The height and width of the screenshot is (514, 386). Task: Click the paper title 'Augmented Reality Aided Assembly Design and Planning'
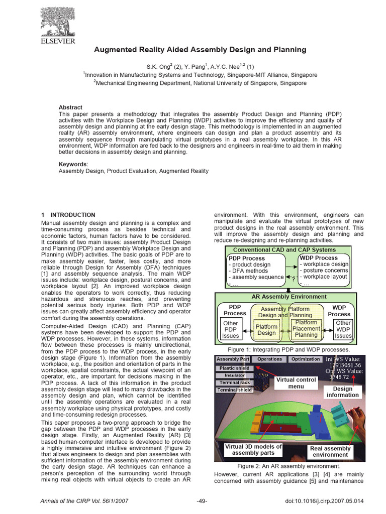(x=200, y=50)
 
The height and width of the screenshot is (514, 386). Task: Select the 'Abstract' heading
(x=70, y=107)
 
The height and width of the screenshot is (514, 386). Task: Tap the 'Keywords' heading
(x=73, y=164)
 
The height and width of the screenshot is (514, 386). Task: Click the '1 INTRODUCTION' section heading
(x=68, y=215)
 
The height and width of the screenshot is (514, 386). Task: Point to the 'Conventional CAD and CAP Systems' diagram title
(x=284, y=249)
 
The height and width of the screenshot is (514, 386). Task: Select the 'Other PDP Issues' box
(x=231, y=330)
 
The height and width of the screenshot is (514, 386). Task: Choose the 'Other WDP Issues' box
(x=343, y=330)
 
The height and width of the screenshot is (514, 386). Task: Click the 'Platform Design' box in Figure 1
(x=266, y=330)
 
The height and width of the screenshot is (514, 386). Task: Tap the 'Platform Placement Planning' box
(x=306, y=329)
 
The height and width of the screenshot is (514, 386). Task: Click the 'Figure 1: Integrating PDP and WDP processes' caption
(x=288, y=349)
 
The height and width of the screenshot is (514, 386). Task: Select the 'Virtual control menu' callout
(x=296, y=383)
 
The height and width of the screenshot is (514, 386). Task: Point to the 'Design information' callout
(x=342, y=392)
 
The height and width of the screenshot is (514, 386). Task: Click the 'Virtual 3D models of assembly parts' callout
(x=253, y=450)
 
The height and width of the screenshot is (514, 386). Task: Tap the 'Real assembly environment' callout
(x=330, y=452)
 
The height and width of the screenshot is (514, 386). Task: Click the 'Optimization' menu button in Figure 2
(x=306, y=359)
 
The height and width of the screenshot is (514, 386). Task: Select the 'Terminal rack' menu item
(x=234, y=382)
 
